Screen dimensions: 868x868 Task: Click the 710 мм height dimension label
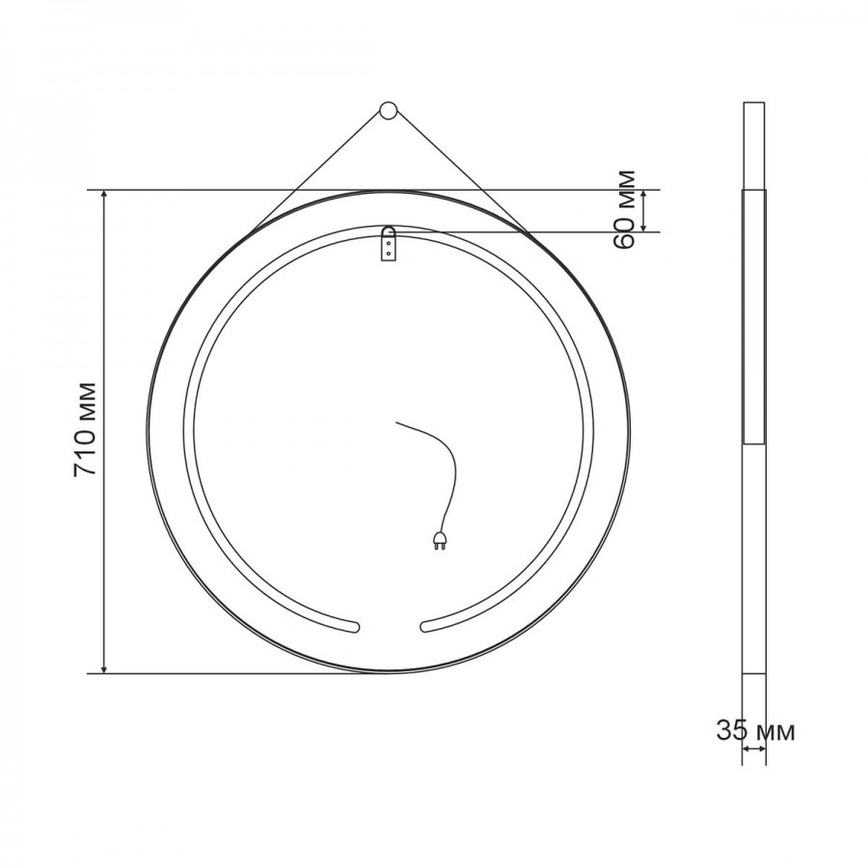(x=85, y=429)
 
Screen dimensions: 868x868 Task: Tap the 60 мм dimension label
(x=625, y=210)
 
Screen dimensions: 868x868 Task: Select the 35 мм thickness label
(x=755, y=731)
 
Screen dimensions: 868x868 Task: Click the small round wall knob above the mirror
(x=388, y=110)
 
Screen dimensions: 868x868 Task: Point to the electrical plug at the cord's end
(x=439, y=540)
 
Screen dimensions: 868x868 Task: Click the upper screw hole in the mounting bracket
(x=389, y=242)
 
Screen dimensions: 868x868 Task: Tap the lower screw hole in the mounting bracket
(x=389, y=253)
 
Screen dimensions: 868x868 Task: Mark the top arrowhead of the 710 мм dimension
(x=104, y=196)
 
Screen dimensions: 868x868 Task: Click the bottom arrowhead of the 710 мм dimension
(x=104, y=667)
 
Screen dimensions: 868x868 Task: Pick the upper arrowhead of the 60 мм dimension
(x=643, y=195)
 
